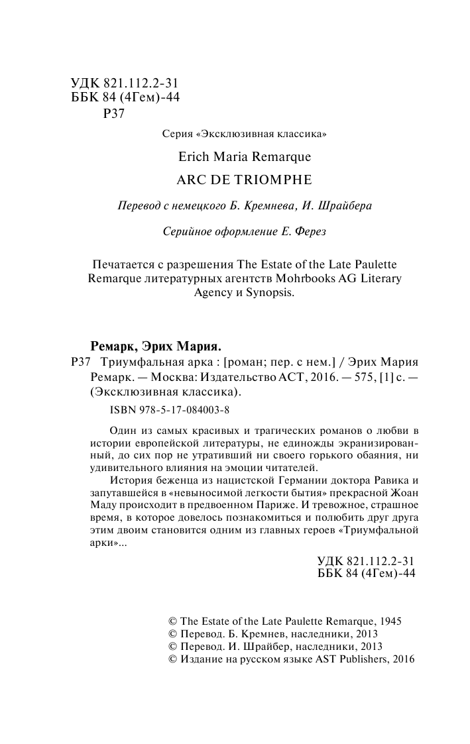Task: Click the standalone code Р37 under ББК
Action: pyautogui.click(x=115, y=113)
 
